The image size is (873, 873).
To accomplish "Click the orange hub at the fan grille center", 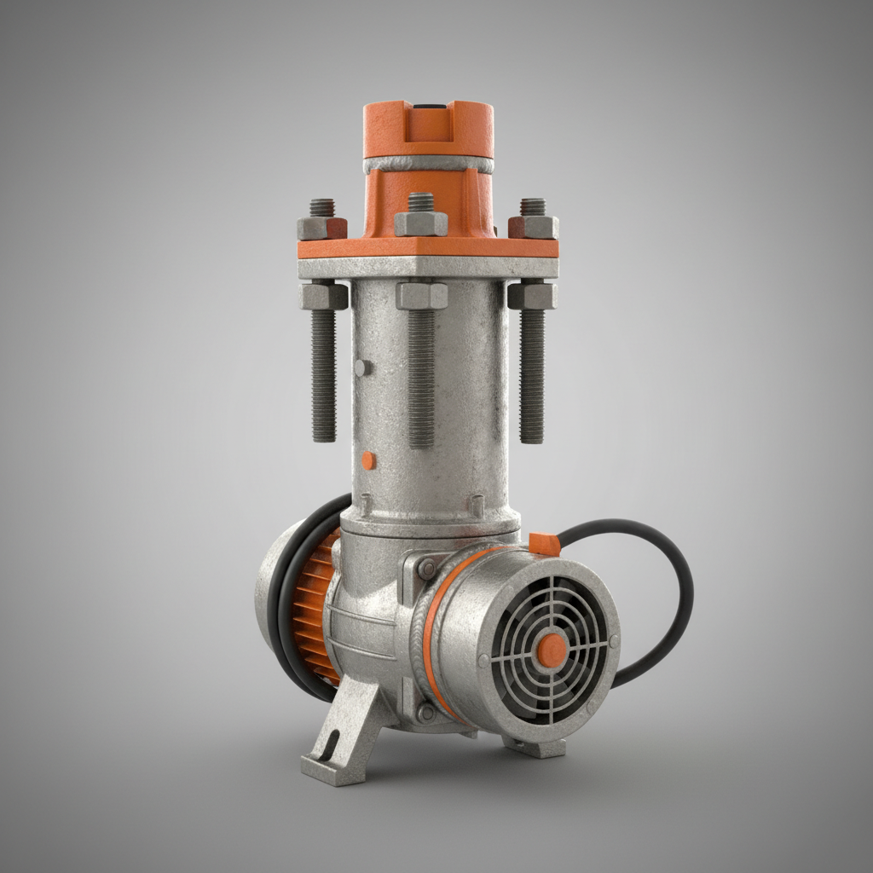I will [552, 650].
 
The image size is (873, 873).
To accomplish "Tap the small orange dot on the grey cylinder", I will [367, 460].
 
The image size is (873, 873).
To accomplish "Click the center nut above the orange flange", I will [420, 223].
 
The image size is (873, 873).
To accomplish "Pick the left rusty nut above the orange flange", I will [321, 228].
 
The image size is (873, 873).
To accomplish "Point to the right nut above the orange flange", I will [534, 226].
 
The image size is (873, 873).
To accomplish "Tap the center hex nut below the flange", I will [421, 296].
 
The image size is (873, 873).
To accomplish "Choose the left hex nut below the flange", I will [323, 296].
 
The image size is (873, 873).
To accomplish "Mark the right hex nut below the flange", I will [532, 295].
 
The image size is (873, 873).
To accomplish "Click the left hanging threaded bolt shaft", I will [324, 375].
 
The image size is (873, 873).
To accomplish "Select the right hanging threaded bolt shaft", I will [532, 375].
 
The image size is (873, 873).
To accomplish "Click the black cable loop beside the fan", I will [674, 597].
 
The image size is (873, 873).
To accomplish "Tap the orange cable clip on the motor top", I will [544, 544].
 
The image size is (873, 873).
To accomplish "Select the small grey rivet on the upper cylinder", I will [361, 367].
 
